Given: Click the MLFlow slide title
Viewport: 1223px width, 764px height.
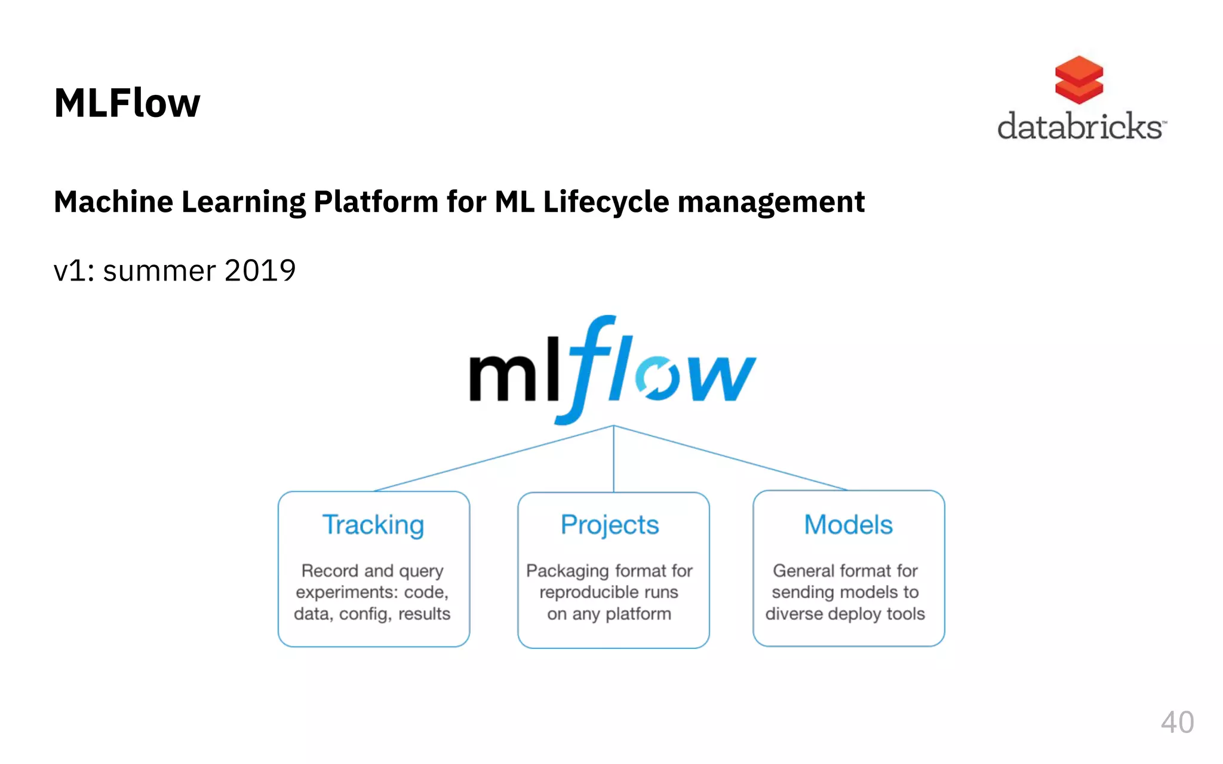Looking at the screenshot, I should [127, 103].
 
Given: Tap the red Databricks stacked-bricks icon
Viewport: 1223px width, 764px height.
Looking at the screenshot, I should [1078, 79].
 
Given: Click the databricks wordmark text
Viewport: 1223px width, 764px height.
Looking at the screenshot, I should [1080, 126].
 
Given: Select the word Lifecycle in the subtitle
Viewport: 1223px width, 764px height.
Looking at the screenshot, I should [606, 202].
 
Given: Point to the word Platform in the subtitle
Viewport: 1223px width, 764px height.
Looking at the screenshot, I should [376, 202].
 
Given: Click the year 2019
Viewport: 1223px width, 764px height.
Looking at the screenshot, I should [260, 271].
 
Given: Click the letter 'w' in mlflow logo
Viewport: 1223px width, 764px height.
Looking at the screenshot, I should [720, 377].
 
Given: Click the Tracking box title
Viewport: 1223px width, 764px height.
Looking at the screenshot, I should [373, 525].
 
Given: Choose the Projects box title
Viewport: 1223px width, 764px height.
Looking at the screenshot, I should [610, 525].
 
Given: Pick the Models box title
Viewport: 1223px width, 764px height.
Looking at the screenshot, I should [848, 525].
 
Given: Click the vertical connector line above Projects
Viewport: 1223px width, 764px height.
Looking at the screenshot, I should [614, 460].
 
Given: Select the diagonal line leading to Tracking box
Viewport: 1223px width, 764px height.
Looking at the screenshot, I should [494, 458].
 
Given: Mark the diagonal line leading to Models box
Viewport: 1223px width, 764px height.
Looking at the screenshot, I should [730, 458].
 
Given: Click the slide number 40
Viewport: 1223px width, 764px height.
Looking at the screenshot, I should [1177, 722].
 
